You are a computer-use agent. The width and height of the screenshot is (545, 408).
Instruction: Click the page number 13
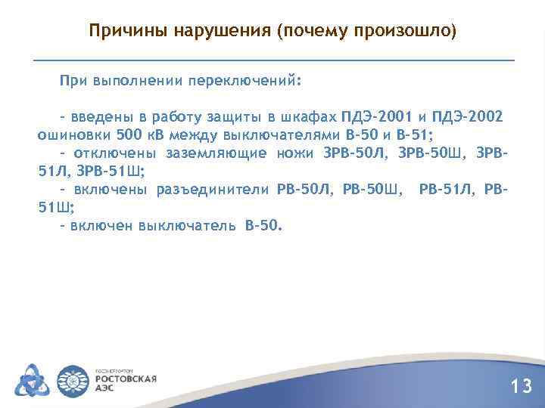pos(522,387)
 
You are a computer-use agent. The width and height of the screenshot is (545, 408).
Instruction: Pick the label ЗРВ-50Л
pos(356,153)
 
